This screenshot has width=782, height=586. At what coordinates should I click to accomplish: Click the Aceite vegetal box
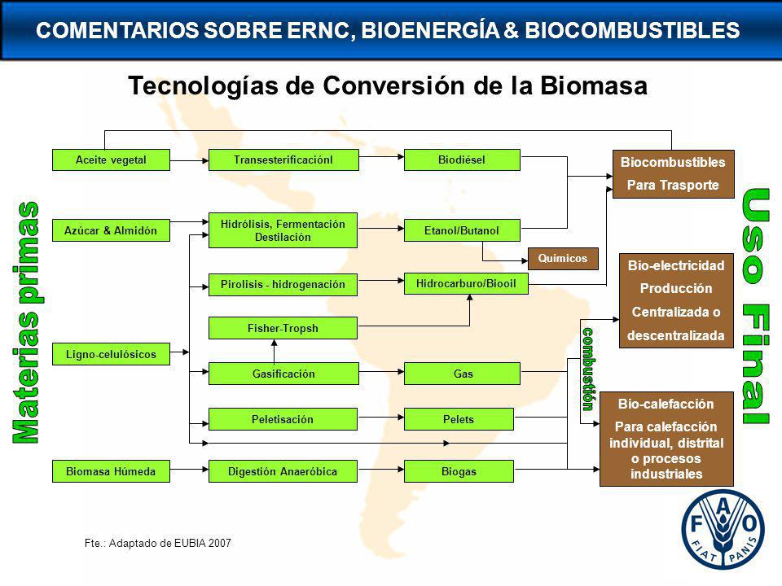(x=111, y=160)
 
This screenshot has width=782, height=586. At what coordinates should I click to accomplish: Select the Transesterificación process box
(x=283, y=160)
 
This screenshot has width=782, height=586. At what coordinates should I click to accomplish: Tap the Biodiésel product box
(x=462, y=160)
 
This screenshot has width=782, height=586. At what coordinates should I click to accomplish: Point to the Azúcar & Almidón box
(x=111, y=230)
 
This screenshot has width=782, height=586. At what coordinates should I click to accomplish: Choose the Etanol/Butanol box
(x=462, y=230)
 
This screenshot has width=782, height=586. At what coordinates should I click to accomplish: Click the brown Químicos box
(x=563, y=259)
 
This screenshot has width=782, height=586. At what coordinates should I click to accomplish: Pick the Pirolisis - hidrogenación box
(x=283, y=285)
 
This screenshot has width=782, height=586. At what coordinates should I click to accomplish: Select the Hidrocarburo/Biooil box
(x=466, y=283)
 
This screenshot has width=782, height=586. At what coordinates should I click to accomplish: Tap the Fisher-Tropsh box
(x=283, y=328)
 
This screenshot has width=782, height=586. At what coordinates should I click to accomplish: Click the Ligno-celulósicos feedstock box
(x=111, y=354)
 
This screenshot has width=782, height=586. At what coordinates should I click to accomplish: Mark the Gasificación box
(x=283, y=374)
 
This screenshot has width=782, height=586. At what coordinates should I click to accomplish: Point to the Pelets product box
(x=459, y=419)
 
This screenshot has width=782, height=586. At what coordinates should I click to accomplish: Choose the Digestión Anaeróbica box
(x=283, y=471)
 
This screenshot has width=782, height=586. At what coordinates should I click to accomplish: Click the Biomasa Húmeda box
(x=111, y=471)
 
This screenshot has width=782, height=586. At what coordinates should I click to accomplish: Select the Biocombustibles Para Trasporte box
(x=674, y=174)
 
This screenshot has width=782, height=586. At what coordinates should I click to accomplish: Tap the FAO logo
(x=723, y=530)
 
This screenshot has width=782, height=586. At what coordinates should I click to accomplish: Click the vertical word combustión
(x=588, y=370)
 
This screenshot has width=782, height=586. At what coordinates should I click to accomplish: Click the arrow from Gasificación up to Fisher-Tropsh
(x=274, y=352)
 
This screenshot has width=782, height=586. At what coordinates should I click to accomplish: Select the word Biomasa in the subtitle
(x=594, y=85)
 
